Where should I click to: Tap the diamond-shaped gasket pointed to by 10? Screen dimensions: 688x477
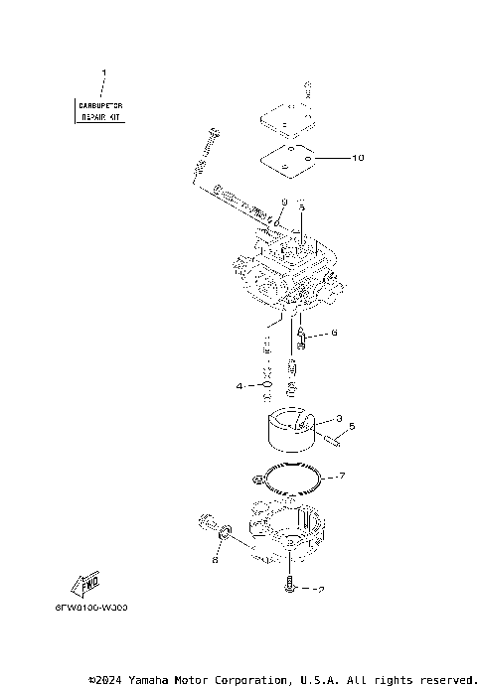288,159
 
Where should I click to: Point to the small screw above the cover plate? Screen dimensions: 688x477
307,87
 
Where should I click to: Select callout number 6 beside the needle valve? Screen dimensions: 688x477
334,334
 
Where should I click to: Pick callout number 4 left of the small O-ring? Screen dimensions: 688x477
238,385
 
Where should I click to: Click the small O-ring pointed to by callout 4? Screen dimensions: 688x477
266,385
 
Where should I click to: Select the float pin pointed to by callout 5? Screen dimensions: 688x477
328,434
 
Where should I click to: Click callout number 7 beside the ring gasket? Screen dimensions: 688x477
341,477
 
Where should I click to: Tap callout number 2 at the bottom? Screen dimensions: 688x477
320,590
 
